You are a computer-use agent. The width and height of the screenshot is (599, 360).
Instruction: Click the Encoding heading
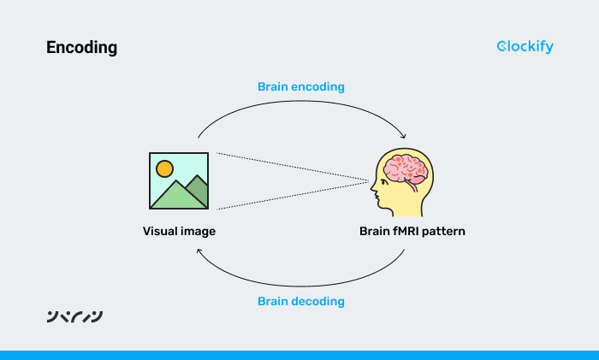pyautogui.click(x=81, y=48)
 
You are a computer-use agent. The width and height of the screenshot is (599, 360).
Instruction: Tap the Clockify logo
pyautogui.click(x=525, y=46)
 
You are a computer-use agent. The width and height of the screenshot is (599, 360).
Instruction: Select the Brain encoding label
pyautogui.click(x=301, y=87)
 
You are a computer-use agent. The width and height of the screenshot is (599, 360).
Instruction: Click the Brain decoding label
pyautogui.click(x=301, y=301)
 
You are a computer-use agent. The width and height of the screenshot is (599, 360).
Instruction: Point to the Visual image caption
pyautogui.click(x=179, y=231)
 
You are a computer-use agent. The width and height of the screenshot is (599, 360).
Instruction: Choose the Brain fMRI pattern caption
pyautogui.click(x=413, y=231)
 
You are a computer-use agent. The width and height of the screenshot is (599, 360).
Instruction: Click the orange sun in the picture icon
pyautogui.click(x=164, y=168)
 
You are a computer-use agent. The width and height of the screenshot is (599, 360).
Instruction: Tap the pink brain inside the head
pyautogui.click(x=405, y=169)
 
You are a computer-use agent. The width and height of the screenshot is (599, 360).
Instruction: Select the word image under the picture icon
pyautogui.click(x=197, y=231)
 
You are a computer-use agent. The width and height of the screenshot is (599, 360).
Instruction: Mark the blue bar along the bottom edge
pyautogui.click(x=299, y=355)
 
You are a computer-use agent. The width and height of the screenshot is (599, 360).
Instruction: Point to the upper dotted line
pyautogui.click(x=291, y=167)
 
